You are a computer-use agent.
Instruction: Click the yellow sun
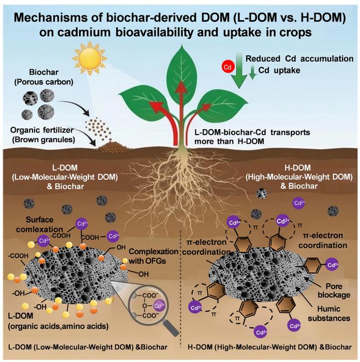[x=89, y=58]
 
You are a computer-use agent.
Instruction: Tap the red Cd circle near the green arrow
[x=228, y=67]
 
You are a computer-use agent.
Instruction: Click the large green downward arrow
[x=239, y=71]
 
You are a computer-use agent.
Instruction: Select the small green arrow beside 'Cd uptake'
[x=253, y=72]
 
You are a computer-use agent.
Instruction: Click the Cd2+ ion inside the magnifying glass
[x=159, y=306]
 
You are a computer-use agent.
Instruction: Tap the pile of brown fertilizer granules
[x=112, y=147]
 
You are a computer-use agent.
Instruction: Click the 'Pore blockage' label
[x=334, y=291]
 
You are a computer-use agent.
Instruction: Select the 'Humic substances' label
[x=329, y=313]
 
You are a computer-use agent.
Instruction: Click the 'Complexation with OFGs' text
[x=153, y=256]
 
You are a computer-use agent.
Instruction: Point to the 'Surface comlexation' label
[x=39, y=224]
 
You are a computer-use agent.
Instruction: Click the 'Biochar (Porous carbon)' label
[x=43, y=77]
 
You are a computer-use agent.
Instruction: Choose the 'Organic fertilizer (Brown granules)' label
[x=42, y=135]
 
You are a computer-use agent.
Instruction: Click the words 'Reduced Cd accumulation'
[x=299, y=58]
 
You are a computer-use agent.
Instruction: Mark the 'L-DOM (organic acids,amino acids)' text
[x=58, y=321]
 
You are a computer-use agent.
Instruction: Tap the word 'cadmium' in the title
[x=84, y=32]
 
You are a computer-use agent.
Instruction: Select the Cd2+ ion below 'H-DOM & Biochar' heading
[x=298, y=203]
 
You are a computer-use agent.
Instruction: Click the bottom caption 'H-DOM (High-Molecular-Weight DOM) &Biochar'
[x=269, y=347]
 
